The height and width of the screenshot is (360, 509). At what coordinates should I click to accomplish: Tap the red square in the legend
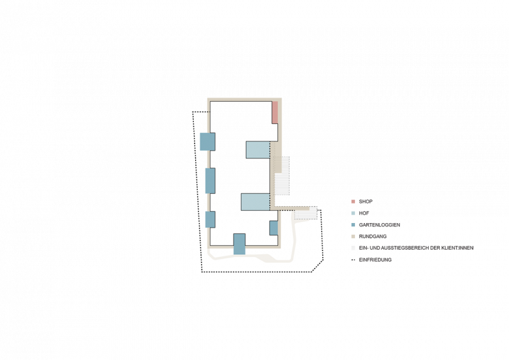pyautogui.click(x=353, y=202)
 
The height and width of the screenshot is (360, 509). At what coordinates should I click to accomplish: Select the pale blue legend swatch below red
pyautogui.click(x=353, y=213)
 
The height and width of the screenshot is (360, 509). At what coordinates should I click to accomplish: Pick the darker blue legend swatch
pyautogui.click(x=353, y=224)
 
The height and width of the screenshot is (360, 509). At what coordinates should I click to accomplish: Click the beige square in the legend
pyautogui.click(x=353, y=236)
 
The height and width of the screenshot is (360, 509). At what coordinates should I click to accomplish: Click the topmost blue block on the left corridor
pyautogui.click(x=208, y=141)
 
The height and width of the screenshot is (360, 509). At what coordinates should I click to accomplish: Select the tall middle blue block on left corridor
pyautogui.click(x=209, y=179)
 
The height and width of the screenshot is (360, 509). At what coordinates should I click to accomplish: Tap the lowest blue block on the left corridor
pyautogui.click(x=209, y=219)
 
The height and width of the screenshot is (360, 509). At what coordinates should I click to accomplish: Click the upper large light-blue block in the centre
pyautogui.click(x=258, y=150)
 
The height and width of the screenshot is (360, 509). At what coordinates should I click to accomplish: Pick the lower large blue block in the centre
pyautogui.click(x=255, y=202)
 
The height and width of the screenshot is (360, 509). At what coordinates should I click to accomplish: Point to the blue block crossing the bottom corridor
pyautogui.click(x=239, y=243)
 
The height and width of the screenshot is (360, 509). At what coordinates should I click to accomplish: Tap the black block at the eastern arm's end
pyautogui.click(x=305, y=213)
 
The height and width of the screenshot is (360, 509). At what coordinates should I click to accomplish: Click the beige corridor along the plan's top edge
pyautogui.click(x=241, y=101)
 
